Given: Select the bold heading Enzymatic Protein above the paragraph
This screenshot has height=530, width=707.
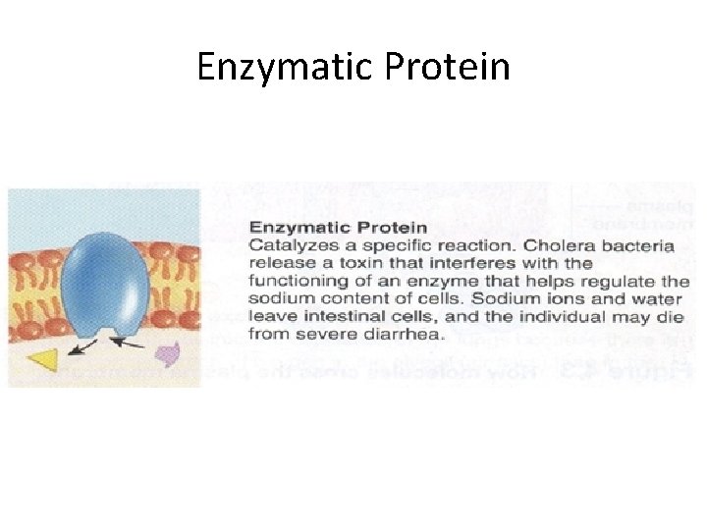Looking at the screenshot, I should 337,229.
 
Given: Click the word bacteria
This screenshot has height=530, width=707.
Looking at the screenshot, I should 637,246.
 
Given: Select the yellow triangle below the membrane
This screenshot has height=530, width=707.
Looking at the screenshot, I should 44,360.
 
